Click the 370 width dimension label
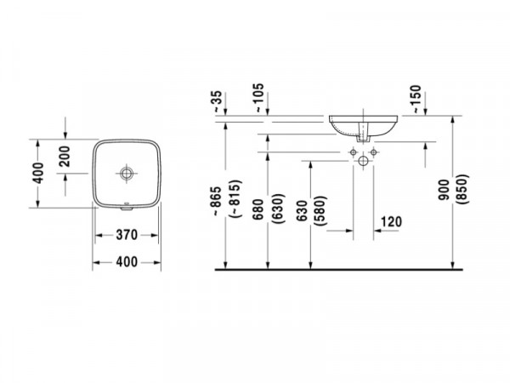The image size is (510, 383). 127,235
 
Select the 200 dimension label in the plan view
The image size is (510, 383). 65,157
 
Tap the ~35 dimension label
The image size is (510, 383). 218,102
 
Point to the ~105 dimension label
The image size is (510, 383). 259,98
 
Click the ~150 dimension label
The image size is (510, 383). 416,100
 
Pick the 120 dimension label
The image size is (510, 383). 391,222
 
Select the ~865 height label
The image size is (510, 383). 216,201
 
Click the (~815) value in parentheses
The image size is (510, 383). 235,198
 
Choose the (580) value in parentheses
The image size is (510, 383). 320,211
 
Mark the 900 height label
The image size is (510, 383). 444,190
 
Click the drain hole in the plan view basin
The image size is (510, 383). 126,174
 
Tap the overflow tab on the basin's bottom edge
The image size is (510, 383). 126,208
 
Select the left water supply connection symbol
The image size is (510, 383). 354,152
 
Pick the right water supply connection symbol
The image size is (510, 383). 373,152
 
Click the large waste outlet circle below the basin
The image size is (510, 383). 363,161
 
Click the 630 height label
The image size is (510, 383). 302,211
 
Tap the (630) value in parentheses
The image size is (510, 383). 279,209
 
